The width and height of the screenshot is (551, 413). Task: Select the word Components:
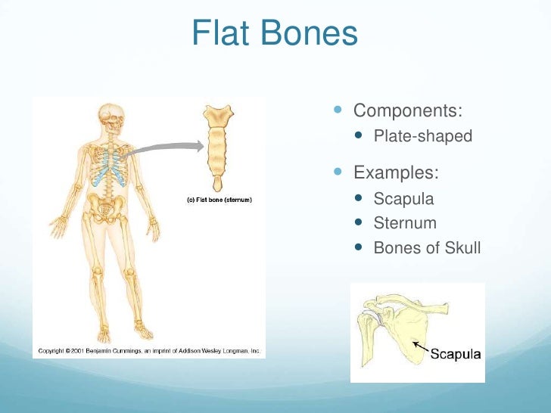pos(407,110)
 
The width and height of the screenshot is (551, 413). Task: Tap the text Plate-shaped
pos(422,137)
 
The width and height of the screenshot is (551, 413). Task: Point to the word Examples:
pos(396,172)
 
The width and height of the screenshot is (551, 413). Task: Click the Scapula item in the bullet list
pos(403,199)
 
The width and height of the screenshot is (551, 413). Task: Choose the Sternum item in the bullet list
pos(405,223)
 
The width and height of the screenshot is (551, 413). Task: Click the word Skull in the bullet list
pos(458,247)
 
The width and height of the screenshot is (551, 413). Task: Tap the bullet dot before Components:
pos(338,111)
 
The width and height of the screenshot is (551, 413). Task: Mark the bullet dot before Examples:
pos(338,172)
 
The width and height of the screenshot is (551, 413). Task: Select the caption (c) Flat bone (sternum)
pos(219,200)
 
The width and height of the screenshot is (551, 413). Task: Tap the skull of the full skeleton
pos(110,116)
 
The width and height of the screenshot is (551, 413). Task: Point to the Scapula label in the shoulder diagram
pos(456,355)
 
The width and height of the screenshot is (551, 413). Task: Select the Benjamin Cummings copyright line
pos(149,351)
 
